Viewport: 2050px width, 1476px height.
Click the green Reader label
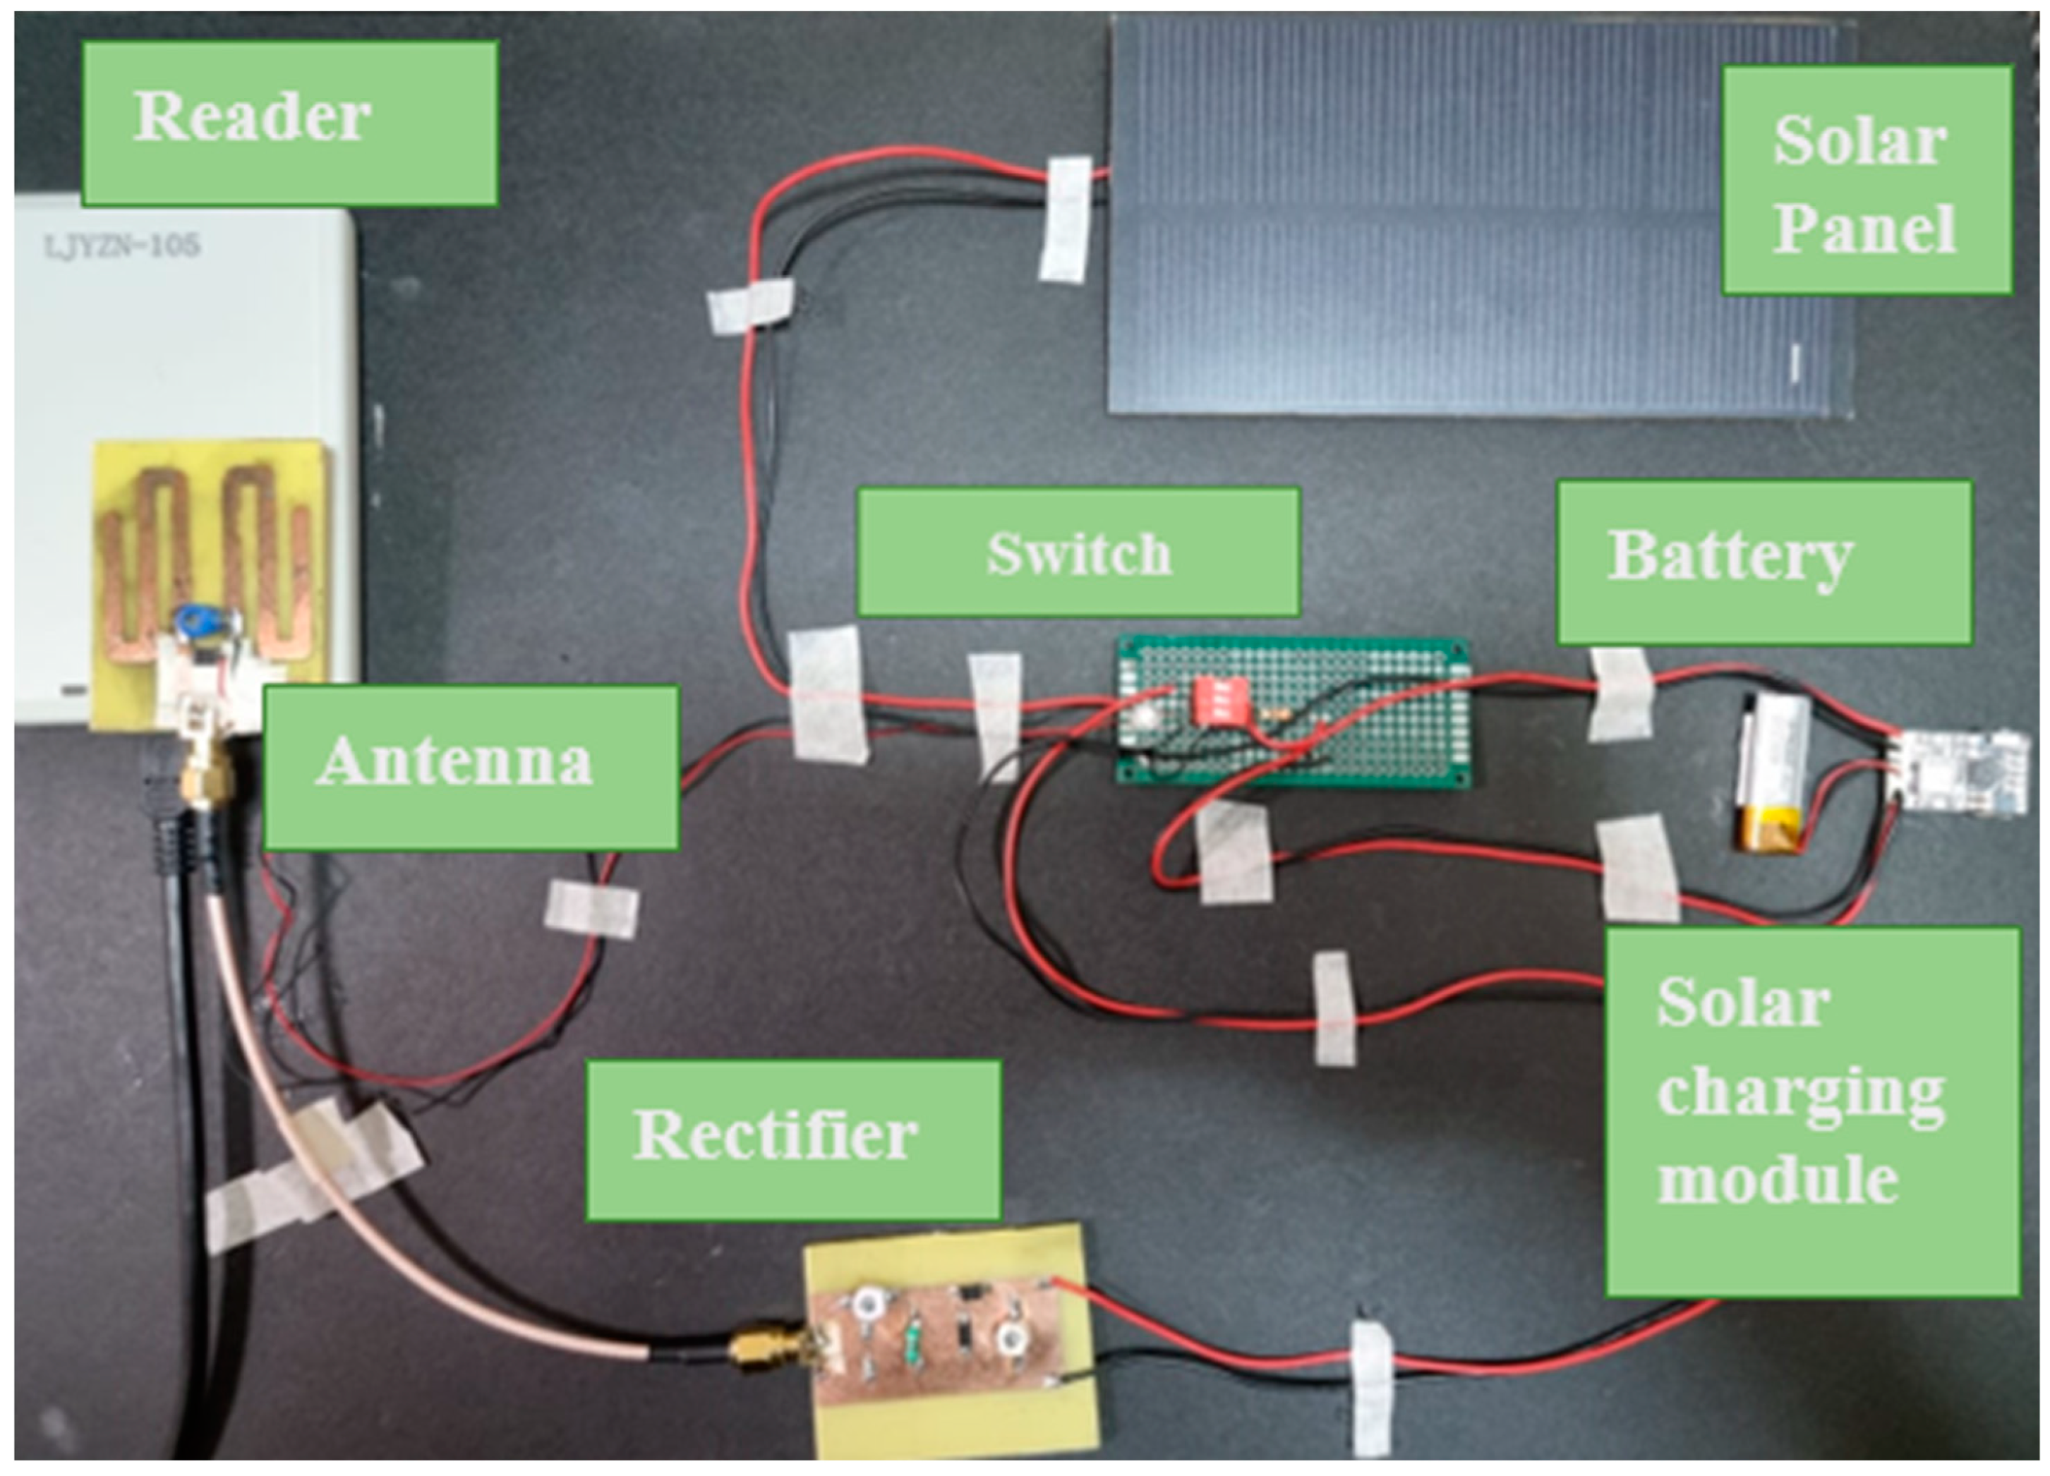click(x=289, y=123)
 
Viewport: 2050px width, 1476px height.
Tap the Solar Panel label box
click(x=1866, y=180)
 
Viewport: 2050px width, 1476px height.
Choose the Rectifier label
click(x=792, y=1139)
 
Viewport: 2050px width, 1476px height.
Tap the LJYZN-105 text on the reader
click(x=122, y=245)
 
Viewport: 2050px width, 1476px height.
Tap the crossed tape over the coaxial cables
click(x=316, y=1174)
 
